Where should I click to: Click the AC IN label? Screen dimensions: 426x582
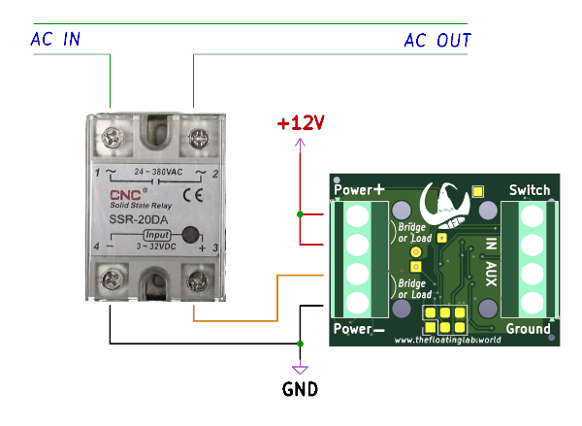tap(55, 40)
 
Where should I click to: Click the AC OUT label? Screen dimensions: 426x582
tap(437, 40)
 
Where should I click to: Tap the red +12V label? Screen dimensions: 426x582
tap(300, 124)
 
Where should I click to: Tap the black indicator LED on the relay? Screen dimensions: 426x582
tap(191, 234)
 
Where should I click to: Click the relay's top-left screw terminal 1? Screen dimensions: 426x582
tap(111, 138)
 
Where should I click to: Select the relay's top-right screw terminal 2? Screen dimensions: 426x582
tap(201, 139)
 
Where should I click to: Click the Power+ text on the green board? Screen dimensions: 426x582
tap(359, 190)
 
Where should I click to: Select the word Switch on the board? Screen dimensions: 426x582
tap(530, 190)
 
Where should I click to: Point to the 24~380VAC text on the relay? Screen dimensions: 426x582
tap(154, 172)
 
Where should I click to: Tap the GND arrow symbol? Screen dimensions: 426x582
tap(300, 369)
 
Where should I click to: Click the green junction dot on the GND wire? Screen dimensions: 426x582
tap(300, 344)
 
